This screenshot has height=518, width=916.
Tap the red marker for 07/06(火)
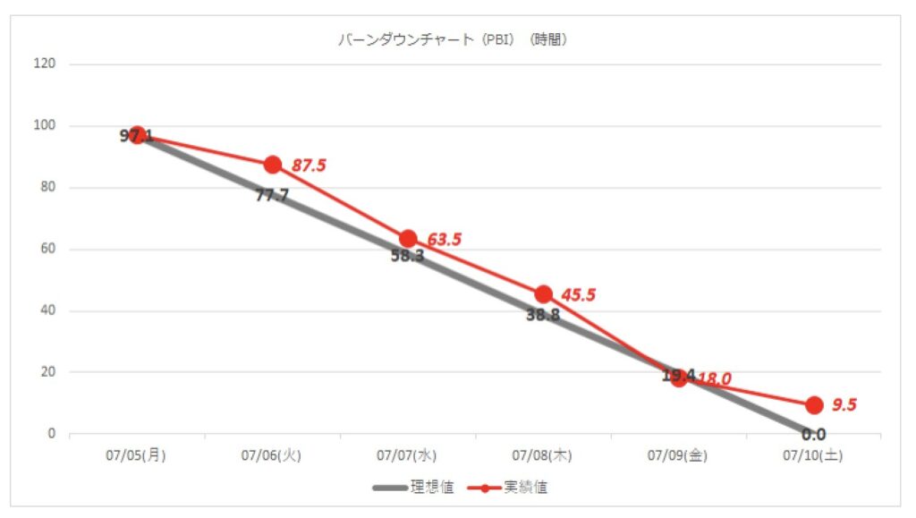click(273, 165)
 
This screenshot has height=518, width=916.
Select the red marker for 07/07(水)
click(408, 239)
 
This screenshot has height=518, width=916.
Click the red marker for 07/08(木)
click(543, 294)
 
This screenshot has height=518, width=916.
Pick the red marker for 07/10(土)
click(814, 405)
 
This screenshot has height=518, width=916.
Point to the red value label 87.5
click(309, 165)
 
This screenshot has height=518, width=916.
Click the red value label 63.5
click(444, 240)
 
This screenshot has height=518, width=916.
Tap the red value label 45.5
click(579, 295)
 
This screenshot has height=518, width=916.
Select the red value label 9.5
click(844, 405)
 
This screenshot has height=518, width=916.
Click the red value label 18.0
click(714, 379)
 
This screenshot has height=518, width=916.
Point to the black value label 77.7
click(272, 195)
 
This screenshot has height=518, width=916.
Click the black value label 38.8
click(543, 315)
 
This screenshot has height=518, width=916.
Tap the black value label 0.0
click(813, 436)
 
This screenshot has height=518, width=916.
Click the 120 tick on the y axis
click(46, 64)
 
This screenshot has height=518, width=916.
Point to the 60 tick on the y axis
click(48, 250)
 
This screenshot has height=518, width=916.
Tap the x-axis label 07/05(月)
click(136, 455)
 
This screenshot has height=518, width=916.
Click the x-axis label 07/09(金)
click(678, 455)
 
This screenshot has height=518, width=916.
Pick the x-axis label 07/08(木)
click(542, 455)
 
